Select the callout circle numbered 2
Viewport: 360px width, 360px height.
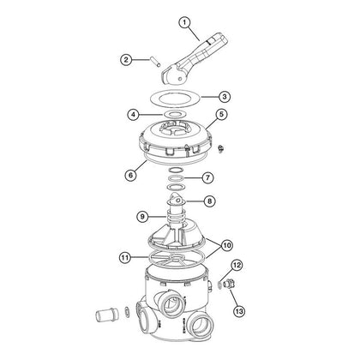pos(127,60)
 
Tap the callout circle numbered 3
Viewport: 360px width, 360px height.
pos(224,97)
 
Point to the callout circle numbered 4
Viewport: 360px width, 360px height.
pos(134,113)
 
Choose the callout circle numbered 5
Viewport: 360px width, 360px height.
pos(220,114)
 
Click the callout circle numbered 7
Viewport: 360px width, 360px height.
pos(207,177)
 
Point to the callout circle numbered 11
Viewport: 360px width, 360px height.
pos(126,255)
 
